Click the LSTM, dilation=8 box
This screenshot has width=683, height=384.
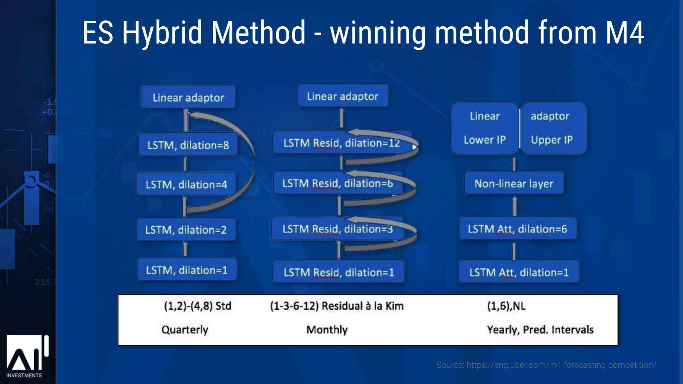pyautogui.click(x=188, y=145)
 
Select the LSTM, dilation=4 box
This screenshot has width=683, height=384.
pyautogui.click(x=186, y=184)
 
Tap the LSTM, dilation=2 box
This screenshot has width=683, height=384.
pyautogui.click(x=186, y=230)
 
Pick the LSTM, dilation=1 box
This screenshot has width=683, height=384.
pyautogui.click(x=187, y=270)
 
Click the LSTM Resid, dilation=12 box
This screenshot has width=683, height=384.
pyautogui.click(x=341, y=143)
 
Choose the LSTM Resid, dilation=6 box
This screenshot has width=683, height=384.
pyautogui.click(x=337, y=183)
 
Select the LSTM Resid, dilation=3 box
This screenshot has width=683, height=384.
pyautogui.click(x=337, y=229)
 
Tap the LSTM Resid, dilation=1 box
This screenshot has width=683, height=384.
pyautogui.click(x=338, y=272)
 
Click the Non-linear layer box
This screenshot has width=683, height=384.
pyautogui.click(x=514, y=183)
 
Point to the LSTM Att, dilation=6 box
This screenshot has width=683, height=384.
pyautogui.click(x=517, y=229)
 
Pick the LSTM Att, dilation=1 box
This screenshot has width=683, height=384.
pyautogui.click(x=519, y=272)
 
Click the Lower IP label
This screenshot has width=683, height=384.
pyautogui.click(x=485, y=140)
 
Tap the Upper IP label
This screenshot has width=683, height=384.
pyautogui.click(x=552, y=140)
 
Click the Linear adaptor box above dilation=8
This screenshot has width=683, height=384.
pyautogui.click(x=188, y=97)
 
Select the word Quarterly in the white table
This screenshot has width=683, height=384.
pyautogui.click(x=185, y=330)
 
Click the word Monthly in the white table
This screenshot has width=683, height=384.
pyautogui.click(x=327, y=330)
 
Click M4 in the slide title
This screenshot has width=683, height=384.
pyautogui.click(x=624, y=32)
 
